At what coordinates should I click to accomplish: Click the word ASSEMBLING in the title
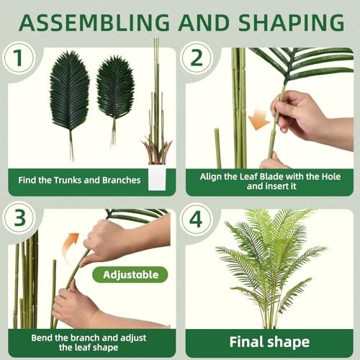pyautogui.click(x=94, y=22)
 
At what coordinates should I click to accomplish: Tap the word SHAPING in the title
pyautogui.click(x=292, y=22)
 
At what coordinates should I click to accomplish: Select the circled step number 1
pyautogui.click(x=19, y=58)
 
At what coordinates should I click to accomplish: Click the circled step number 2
pyautogui.click(x=197, y=58)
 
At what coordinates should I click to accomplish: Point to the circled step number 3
pyautogui.click(x=19, y=217)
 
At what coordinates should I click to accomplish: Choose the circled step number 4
pyautogui.click(x=197, y=219)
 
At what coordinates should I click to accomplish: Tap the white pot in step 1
pyautogui.click(x=157, y=177)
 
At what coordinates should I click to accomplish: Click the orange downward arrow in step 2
pyautogui.click(x=259, y=120)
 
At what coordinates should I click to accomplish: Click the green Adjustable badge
pyautogui.click(x=130, y=274)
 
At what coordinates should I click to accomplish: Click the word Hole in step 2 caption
pyautogui.click(x=331, y=176)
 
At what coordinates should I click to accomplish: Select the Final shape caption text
pyautogui.click(x=269, y=342)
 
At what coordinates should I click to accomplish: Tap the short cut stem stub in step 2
pyautogui.click(x=217, y=148)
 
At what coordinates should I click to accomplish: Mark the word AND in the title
pyautogui.click(x=204, y=22)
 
